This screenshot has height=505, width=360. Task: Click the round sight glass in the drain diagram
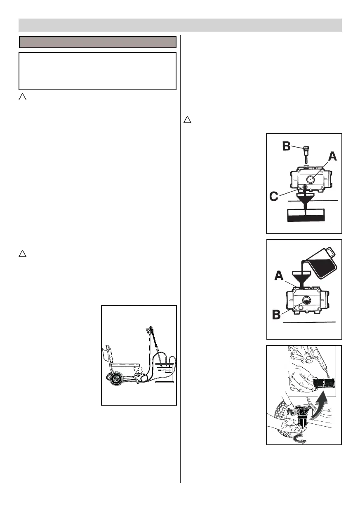(311, 180)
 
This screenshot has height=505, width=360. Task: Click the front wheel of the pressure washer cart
(116, 380)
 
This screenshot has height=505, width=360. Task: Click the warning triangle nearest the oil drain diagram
(187, 120)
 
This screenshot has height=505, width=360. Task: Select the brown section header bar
(98, 42)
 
